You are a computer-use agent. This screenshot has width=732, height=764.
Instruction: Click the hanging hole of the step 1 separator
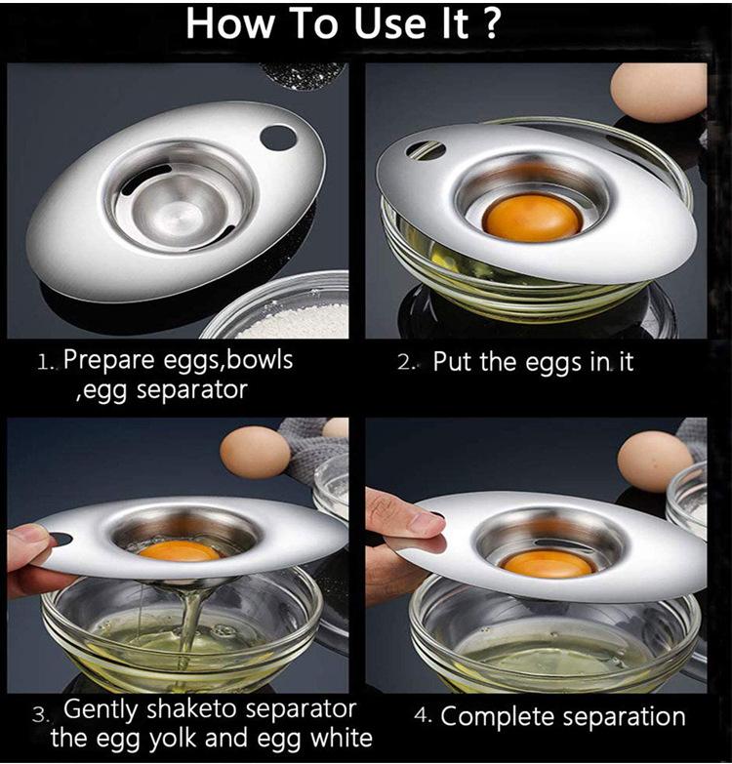(278, 138)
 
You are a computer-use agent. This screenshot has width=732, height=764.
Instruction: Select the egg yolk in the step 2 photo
(532, 219)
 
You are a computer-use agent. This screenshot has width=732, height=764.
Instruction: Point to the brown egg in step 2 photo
(659, 93)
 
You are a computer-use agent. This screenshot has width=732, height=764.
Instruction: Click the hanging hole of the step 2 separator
(425, 150)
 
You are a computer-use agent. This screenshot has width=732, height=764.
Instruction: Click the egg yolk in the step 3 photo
(180, 551)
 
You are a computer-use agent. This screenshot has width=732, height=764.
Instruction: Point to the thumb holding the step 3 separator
(28, 544)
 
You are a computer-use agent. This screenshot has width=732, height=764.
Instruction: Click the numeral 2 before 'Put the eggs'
(404, 364)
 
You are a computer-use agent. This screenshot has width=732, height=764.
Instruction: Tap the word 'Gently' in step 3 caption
(101, 710)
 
